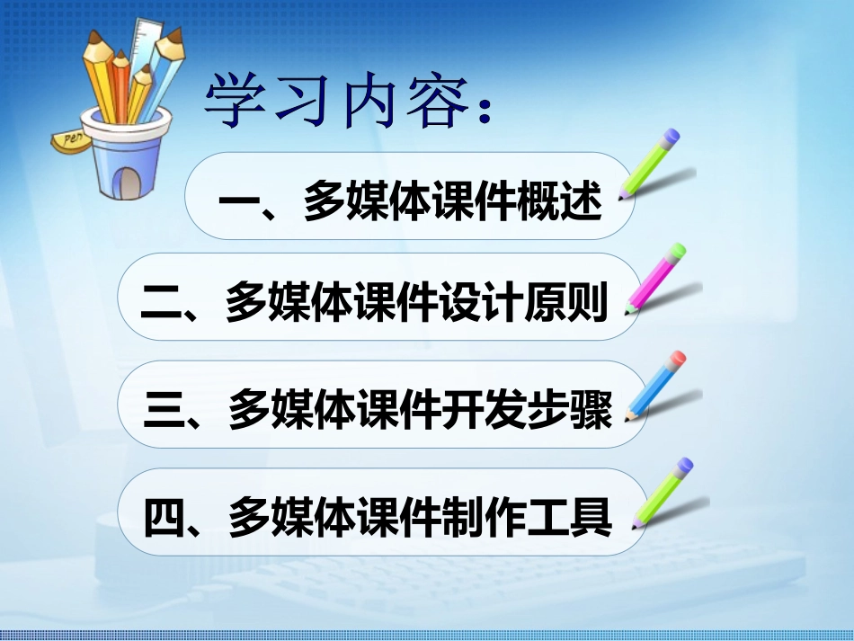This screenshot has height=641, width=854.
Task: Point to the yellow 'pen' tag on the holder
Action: tap(69, 138)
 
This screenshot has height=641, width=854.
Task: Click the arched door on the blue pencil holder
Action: tap(131, 181)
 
